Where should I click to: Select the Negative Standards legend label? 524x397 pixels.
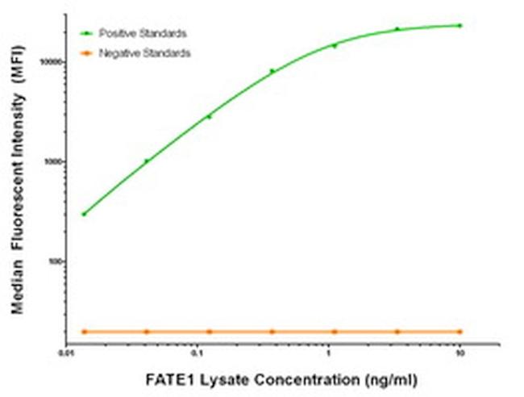point(144,52)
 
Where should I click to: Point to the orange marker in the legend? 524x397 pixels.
point(85,52)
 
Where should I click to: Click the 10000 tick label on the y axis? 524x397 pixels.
point(53,61)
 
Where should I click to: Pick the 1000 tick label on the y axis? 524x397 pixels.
point(55,161)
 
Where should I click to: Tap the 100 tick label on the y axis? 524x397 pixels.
point(56,262)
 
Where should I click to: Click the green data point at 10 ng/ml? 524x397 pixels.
point(460,26)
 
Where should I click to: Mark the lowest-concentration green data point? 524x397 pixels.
point(84,214)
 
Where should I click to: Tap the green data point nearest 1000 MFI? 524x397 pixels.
point(146,161)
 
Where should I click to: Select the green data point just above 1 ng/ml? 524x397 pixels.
point(335,45)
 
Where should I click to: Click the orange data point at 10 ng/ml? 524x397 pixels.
point(460,332)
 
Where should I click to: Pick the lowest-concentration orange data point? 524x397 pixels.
point(84,332)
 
